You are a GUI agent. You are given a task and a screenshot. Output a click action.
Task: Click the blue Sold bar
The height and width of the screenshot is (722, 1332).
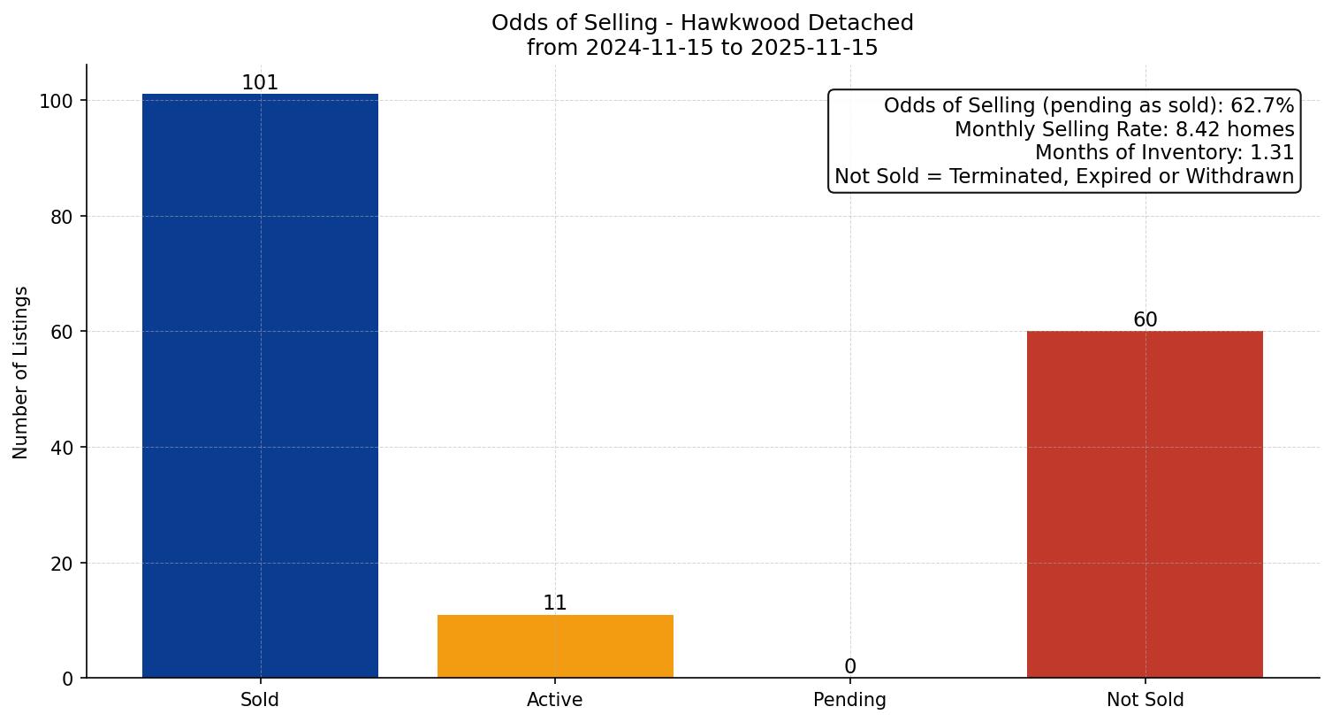[260, 386]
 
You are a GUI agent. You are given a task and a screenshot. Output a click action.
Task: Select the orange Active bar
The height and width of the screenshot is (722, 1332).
[555, 646]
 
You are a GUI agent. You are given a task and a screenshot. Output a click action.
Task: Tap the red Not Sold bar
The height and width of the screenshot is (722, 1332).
[1145, 504]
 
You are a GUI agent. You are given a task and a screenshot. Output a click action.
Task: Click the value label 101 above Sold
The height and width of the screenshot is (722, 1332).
[260, 83]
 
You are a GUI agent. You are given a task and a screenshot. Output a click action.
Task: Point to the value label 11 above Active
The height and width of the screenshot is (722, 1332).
[555, 603]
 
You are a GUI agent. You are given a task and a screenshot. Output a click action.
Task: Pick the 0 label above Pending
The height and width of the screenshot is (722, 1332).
[850, 667]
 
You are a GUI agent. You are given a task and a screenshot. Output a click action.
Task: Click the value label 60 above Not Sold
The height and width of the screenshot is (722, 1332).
[1145, 320]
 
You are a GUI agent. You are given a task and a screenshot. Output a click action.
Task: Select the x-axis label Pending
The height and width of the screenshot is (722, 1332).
[849, 700]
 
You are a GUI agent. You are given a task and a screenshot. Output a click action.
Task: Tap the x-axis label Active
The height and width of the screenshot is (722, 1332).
[555, 700]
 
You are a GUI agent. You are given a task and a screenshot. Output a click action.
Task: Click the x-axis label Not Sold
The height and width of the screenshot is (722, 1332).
[1145, 700]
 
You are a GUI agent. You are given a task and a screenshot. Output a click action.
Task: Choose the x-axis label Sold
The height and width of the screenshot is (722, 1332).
[260, 700]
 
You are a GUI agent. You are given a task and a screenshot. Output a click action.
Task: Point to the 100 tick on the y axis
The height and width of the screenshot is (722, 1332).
[56, 101]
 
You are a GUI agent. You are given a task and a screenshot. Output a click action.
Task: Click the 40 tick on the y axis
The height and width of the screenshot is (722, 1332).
[62, 448]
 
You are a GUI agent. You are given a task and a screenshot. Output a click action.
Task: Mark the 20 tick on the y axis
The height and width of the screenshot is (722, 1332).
[62, 564]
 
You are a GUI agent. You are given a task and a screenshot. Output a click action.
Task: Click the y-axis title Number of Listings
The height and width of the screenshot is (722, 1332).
[21, 372]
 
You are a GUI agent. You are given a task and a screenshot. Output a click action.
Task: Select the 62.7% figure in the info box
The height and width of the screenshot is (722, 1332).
[1262, 106]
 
